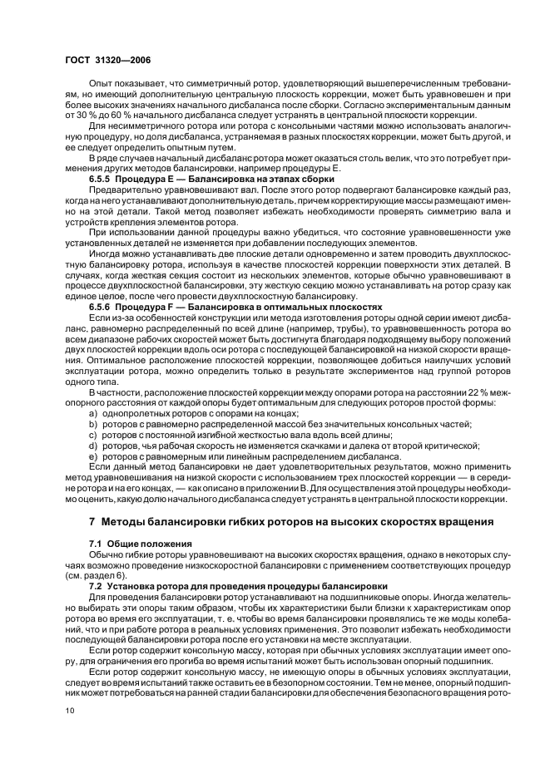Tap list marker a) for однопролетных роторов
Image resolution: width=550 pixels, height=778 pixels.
tap(93, 413)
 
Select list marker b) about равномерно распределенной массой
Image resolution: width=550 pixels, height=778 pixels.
tap(93, 424)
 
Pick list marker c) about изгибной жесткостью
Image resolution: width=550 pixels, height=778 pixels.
tap(93, 435)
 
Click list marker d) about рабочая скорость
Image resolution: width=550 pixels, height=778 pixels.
tap(93, 446)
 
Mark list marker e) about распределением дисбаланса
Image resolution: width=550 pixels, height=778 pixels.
tap(93, 456)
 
